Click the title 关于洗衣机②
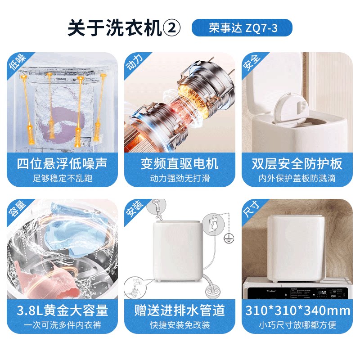tap(124, 28)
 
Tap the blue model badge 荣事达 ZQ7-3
tap(242, 28)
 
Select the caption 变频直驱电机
tap(180, 163)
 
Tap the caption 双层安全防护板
tap(297, 163)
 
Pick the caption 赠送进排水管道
tap(180, 310)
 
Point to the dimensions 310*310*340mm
tap(297, 310)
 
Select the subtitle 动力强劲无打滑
tap(180, 178)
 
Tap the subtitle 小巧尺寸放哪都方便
tap(297, 324)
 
